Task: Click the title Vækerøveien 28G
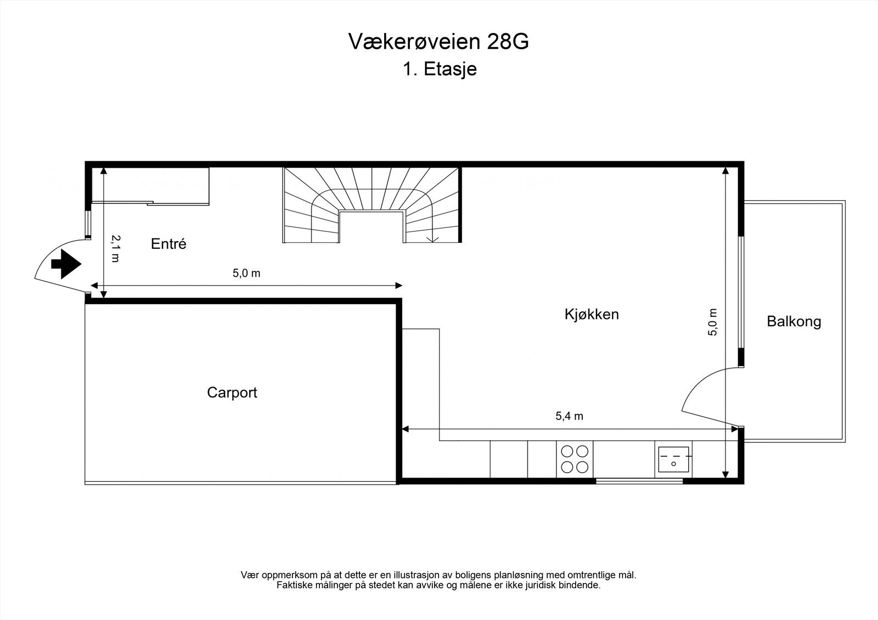(x=438, y=42)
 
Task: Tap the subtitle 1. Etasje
(x=439, y=70)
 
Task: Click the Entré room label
(x=168, y=244)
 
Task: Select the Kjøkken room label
(x=592, y=314)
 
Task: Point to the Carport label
(x=232, y=393)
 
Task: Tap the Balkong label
(x=793, y=321)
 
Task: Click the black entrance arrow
(x=66, y=264)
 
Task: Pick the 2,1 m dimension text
(x=115, y=248)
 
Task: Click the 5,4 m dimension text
(x=569, y=416)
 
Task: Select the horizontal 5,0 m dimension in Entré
(x=246, y=274)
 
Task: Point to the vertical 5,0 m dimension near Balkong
(x=713, y=322)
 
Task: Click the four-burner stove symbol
(x=575, y=459)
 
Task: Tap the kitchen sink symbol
(x=674, y=459)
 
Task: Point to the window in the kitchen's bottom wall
(x=639, y=481)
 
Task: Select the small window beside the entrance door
(x=88, y=224)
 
